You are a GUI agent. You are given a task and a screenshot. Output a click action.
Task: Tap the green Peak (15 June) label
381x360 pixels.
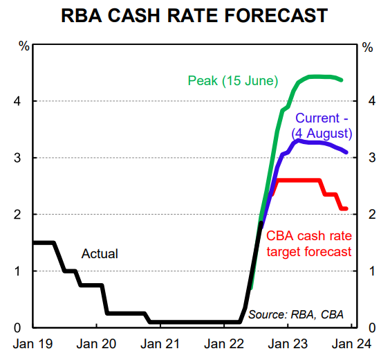pyautogui.click(x=232, y=81)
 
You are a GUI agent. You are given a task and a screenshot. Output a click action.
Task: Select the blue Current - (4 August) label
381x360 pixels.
pyautogui.click(x=324, y=125)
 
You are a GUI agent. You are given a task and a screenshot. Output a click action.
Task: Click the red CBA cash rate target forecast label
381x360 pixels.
pyautogui.click(x=309, y=244)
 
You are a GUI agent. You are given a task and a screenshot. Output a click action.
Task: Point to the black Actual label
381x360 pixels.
pyautogui.click(x=100, y=254)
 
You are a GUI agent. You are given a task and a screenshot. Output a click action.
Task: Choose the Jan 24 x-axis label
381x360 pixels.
pyautogui.click(x=352, y=343)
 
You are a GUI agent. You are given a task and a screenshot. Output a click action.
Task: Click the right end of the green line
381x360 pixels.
pyautogui.click(x=342, y=80)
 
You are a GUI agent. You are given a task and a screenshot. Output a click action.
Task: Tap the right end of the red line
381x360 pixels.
pyautogui.click(x=346, y=208)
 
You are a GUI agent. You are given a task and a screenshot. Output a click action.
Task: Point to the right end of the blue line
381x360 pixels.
pyautogui.click(x=346, y=152)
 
